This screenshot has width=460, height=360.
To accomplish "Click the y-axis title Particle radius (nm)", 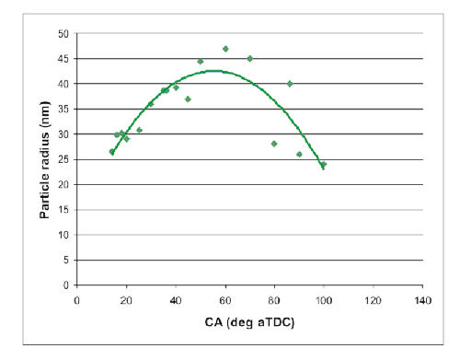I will point(43,158).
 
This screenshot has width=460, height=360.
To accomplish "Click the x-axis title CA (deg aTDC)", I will point(249,326).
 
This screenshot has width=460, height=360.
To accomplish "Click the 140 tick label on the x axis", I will point(423,300).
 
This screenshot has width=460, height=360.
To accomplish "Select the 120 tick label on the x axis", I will point(374,300).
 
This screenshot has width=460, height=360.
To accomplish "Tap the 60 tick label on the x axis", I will point(225,300).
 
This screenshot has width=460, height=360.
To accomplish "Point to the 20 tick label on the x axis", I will point(126,300).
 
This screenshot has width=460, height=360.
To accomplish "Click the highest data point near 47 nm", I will point(225,49).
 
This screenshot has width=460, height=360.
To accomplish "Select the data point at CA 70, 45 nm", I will point(250,58).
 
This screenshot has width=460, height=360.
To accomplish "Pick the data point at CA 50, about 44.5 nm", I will point(201,62).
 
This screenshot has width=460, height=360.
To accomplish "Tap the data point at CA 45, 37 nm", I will point(188,99).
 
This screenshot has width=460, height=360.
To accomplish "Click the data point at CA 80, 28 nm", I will point(274,144).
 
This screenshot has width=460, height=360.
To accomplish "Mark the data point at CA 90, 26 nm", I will point(299,154).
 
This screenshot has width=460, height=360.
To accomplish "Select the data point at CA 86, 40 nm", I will point(290,84).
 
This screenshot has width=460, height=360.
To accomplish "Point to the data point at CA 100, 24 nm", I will point(324,164).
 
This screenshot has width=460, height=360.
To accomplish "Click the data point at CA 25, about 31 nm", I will point(139,130).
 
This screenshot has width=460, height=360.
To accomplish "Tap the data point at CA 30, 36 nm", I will point(151,104).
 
